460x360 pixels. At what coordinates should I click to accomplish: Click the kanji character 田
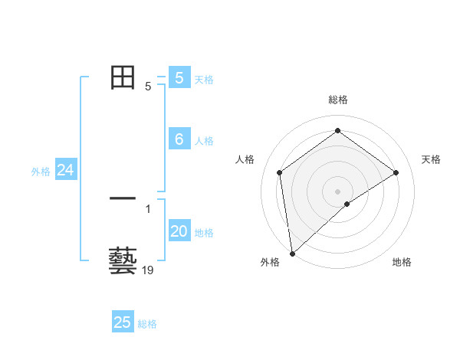pos(123,78)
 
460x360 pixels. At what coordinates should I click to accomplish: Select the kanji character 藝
pos(123,260)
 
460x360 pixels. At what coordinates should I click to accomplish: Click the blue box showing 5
pos(179,77)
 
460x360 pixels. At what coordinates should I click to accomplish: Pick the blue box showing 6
pos(179,139)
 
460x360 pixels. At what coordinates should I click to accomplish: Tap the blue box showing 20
pos(179,232)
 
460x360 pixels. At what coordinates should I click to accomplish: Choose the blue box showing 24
pos(66,171)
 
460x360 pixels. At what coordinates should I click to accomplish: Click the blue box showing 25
pos(123,322)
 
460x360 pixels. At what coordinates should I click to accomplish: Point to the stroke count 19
pos(148,270)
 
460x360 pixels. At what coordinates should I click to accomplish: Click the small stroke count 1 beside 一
pos(148,209)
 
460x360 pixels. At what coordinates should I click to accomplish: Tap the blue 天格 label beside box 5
pos(204,79)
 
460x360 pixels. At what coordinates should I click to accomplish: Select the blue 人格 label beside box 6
pos(204,141)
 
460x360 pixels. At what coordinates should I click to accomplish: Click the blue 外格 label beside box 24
pos(41,172)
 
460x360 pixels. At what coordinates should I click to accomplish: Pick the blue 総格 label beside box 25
pos(147,324)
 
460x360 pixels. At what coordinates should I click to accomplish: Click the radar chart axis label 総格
pos(337,100)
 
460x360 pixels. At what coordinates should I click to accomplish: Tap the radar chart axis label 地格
pos(402,263)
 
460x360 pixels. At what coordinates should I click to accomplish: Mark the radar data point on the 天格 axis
pos(396,172)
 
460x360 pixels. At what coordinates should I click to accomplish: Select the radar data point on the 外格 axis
pos(292,254)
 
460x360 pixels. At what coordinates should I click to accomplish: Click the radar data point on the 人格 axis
pos(279,172)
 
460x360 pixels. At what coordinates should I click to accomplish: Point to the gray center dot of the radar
pos(337,191)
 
